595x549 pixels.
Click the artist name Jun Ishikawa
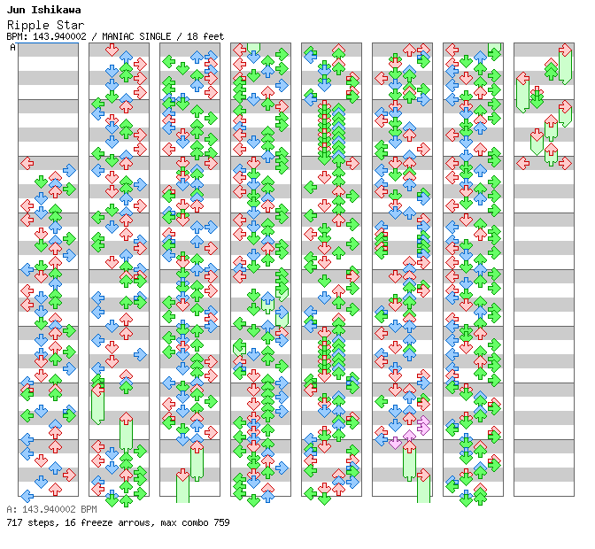pyautogui.click(x=43, y=10)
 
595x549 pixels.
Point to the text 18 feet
pyautogui.click(x=205, y=36)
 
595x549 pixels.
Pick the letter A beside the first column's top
pyautogui.click(x=12, y=47)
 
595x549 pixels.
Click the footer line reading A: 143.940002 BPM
pyautogui.click(x=51, y=510)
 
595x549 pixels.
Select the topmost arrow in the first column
pyautogui.click(x=27, y=163)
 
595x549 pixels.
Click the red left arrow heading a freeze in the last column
pyautogui.click(x=522, y=78)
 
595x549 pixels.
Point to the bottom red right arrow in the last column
pyautogui.click(x=565, y=163)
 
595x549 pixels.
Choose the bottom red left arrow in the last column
pyautogui.click(x=522, y=163)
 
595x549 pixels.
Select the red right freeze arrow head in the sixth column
pyautogui.click(x=423, y=475)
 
